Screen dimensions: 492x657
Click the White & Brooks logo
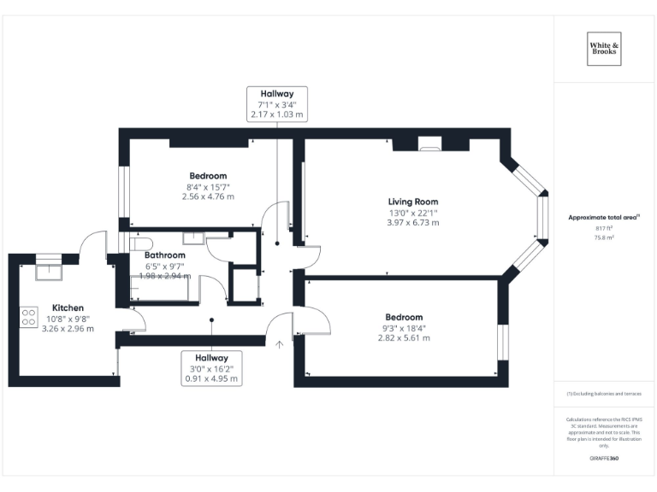coord(604,47)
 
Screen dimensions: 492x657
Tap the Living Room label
coord(413,202)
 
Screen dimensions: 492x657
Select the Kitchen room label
coord(68,307)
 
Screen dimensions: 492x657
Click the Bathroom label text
coord(165,255)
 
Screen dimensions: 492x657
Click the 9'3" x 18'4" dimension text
coord(404,327)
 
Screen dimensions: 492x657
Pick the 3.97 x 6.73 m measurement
coord(413,222)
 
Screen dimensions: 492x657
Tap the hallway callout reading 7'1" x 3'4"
coord(277,103)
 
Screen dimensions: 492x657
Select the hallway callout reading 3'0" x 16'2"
coord(211,368)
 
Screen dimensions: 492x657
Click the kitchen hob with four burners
coord(27,318)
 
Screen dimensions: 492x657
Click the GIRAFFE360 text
coord(604,459)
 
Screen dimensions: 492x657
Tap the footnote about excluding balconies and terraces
coord(604,394)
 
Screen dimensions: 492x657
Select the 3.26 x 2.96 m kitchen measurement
coord(68,328)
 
